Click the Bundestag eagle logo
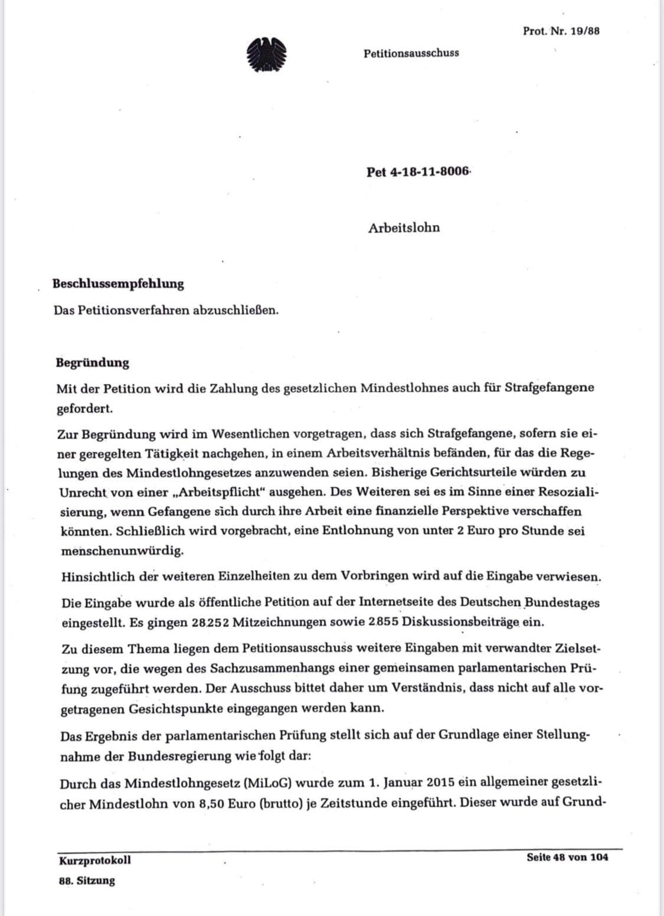coord(266,55)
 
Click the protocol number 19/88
coord(561,31)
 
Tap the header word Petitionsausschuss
coord(411,53)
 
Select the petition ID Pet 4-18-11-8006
coord(417,172)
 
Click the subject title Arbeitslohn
coord(404,228)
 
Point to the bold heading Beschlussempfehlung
coord(118,283)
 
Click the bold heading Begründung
coord(92,363)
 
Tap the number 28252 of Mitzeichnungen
coord(211,622)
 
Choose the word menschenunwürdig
coord(122,550)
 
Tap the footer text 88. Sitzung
coord(87,881)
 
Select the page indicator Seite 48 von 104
coord(567,857)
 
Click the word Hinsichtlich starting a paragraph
coord(97,576)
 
